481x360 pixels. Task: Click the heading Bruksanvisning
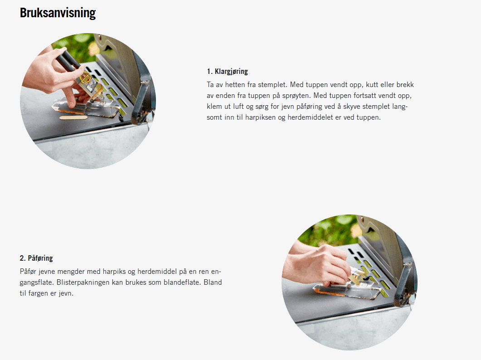tap(58, 13)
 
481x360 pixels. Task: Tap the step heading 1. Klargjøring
tap(227, 72)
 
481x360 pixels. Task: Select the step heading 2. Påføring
tap(36, 258)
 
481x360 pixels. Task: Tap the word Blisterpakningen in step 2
tap(83, 282)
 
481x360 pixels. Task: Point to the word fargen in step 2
tap(39, 293)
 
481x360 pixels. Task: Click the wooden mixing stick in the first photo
tap(73, 117)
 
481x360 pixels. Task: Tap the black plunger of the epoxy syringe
tap(67, 60)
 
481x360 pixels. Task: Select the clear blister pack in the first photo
tap(86, 108)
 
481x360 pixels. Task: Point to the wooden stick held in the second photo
tap(356, 278)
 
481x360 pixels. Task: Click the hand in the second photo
tap(316, 264)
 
